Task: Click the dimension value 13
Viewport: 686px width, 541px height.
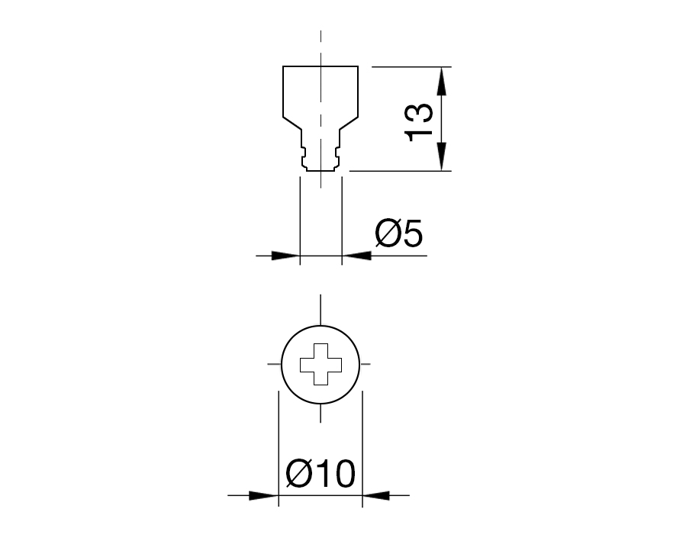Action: pos(420,121)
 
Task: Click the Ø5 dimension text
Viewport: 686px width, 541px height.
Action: pos(398,233)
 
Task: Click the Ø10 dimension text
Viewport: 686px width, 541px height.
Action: pos(320,475)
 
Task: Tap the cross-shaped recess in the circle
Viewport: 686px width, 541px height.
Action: pos(320,364)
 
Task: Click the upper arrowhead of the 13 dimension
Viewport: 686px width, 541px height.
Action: pos(442,77)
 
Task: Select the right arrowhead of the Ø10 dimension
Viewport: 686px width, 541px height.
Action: pos(375,496)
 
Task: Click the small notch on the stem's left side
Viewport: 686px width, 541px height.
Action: pos(302,160)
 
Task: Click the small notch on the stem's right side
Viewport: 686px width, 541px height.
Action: pos(339,160)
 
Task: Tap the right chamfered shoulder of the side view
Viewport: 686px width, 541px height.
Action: pos(349,124)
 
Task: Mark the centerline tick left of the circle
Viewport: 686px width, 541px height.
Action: pos(273,364)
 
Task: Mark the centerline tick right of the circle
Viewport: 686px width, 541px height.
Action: pos(367,364)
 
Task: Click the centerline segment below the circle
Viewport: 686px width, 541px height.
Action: pos(320,413)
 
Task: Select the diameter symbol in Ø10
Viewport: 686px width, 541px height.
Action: pos(298,475)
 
